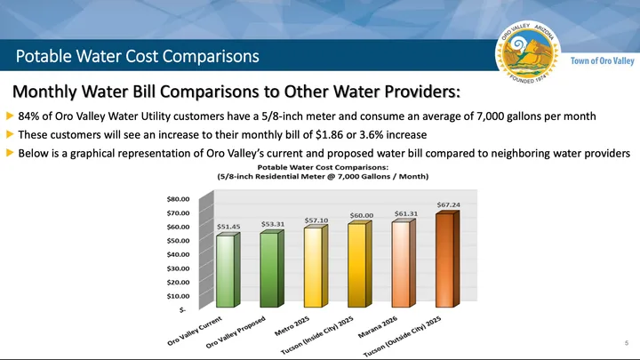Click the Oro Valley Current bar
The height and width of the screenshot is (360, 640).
click(x=226, y=270)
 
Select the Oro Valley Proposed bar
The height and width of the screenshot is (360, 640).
click(x=268, y=269)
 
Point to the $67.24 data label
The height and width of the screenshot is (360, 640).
click(x=448, y=205)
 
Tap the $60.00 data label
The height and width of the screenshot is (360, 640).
click(x=361, y=215)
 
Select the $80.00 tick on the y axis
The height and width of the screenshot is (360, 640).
click(x=179, y=199)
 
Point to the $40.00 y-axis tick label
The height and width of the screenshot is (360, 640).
click(x=179, y=254)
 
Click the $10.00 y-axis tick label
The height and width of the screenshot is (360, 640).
click(x=179, y=296)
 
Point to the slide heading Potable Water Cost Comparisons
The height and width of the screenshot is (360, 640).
click(x=138, y=56)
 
